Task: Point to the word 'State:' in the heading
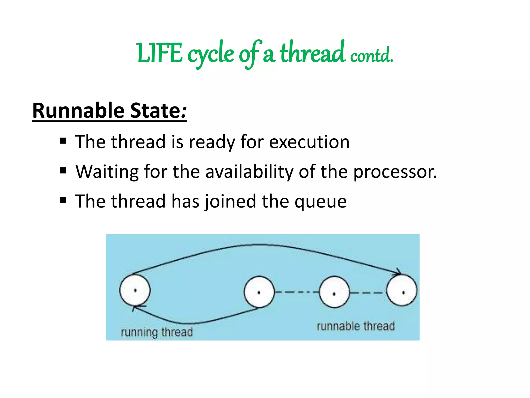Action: coord(158,111)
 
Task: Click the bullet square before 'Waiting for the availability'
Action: coord(63,171)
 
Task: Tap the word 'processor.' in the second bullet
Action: coord(395,172)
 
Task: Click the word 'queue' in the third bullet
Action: coord(321,201)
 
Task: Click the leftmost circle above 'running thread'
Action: coord(135,290)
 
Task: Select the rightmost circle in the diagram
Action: coord(402,291)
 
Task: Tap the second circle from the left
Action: coord(259,292)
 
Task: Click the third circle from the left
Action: coord(334,292)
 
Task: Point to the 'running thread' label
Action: coord(157,332)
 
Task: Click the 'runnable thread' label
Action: coord(356,326)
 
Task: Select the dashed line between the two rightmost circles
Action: coord(368,293)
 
